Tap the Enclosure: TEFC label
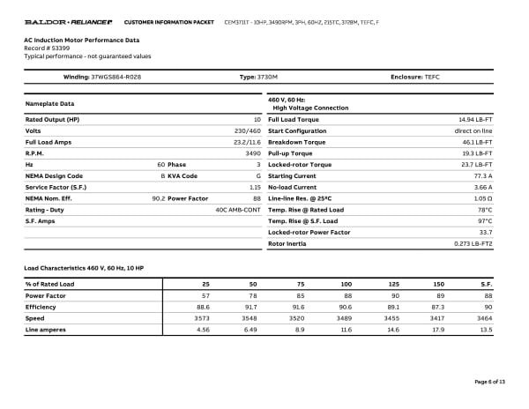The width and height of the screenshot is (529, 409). click(x=414, y=78)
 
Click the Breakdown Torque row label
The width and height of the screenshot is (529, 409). click(x=296, y=142)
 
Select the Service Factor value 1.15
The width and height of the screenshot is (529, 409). click(x=255, y=187)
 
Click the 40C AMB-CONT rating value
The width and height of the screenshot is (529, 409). click(x=238, y=210)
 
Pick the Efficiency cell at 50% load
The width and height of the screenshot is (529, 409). click(x=251, y=307)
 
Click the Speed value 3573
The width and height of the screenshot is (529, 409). click(x=202, y=317)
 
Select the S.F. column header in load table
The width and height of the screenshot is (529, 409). click(x=486, y=284)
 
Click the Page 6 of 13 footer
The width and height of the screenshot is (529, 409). click(x=489, y=381)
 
